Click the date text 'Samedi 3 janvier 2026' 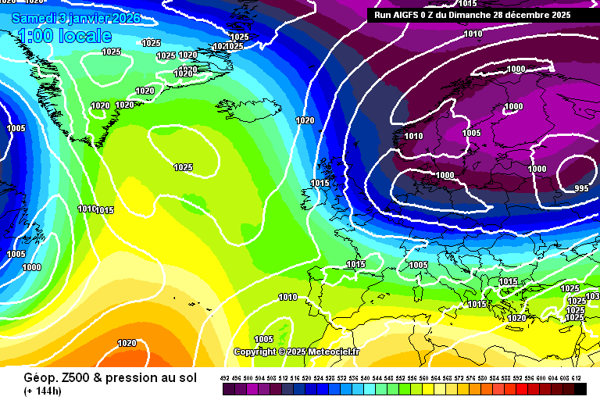tap(76, 17)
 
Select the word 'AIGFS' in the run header tap(413, 15)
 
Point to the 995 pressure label tap(581, 188)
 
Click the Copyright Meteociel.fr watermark tap(296, 352)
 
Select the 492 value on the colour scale tap(225, 377)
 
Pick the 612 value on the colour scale tap(577, 377)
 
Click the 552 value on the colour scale tap(401, 377)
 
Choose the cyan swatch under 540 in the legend tap(366, 389)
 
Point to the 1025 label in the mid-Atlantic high tap(183, 167)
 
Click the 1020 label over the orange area tap(127, 343)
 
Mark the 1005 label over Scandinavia tap(471, 133)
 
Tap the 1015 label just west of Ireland tap(320, 183)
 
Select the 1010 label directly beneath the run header tap(473, 34)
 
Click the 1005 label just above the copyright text tap(263, 339)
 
